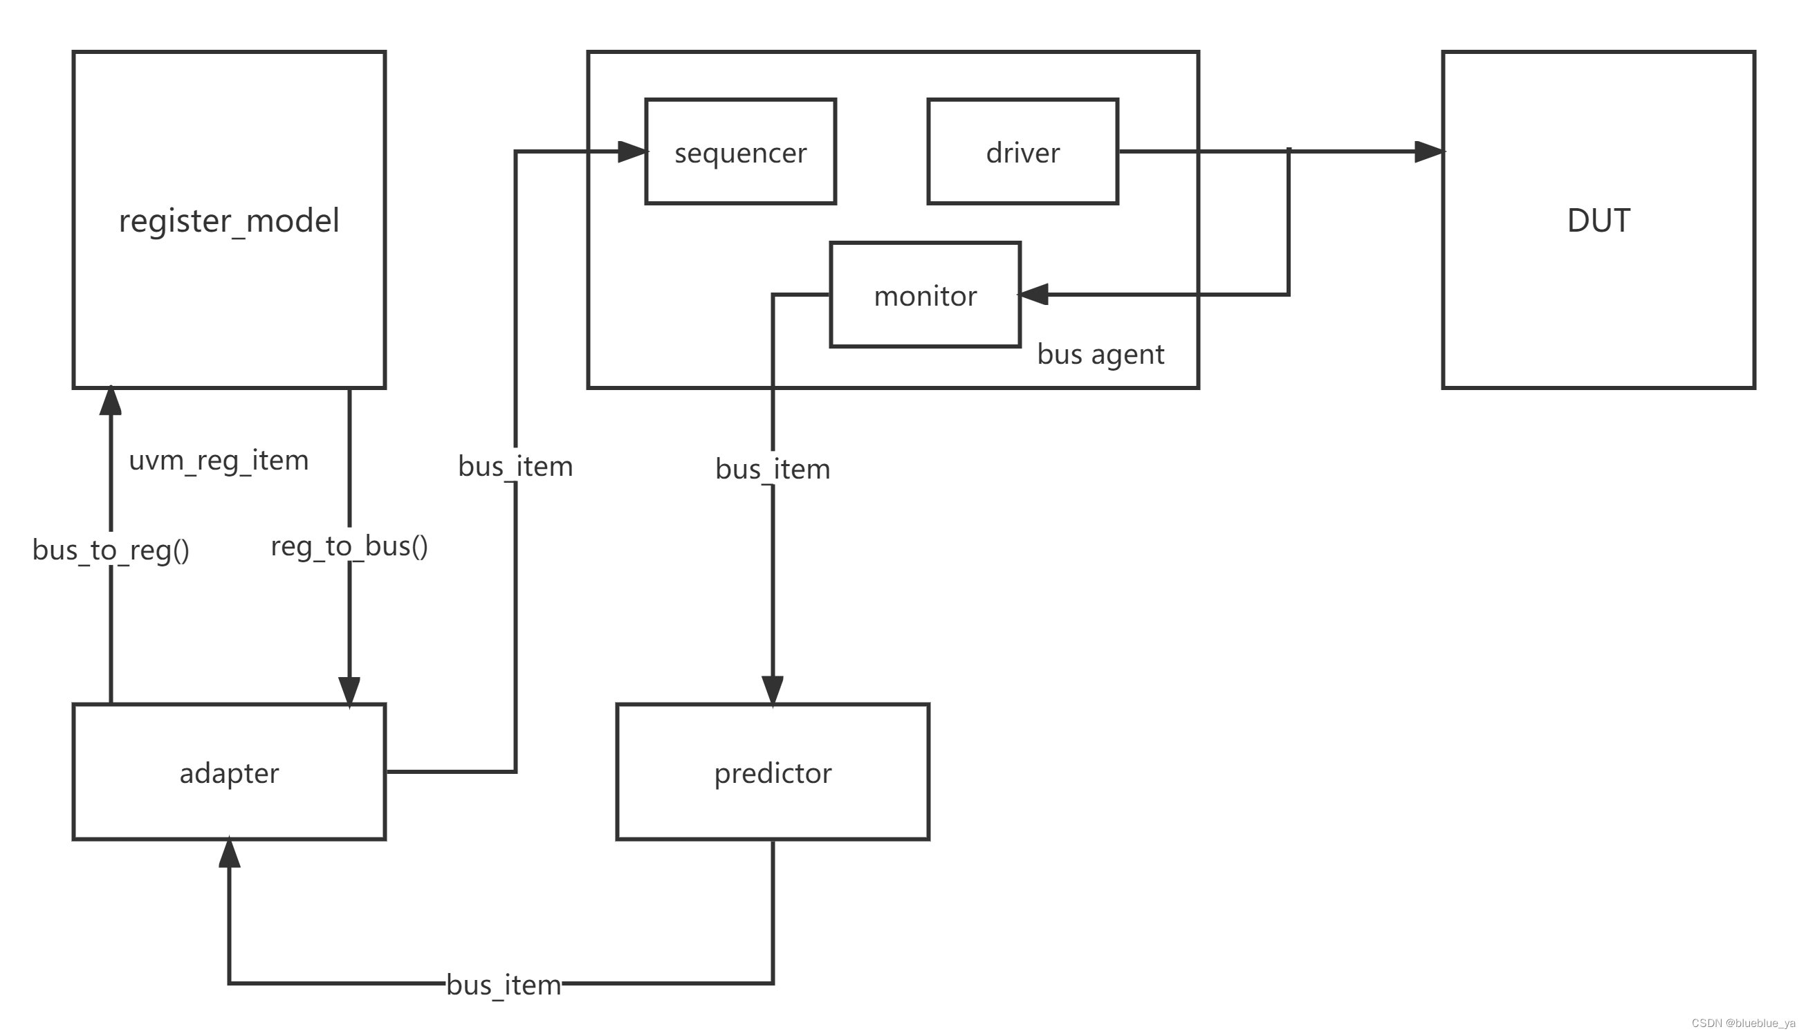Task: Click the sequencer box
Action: (x=740, y=151)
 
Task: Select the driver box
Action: (x=1022, y=151)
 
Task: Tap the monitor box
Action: (x=925, y=295)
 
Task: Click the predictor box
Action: (x=772, y=772)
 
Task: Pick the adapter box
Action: (x=229, y=772)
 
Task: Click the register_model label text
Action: (x=229, y=221)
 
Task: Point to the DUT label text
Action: (x=1598, y=221)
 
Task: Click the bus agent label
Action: (x=1100, y=353)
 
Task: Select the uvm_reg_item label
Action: (x=219, y=460)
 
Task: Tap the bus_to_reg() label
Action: (x=111, y=549)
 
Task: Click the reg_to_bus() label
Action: (x=349, y=546)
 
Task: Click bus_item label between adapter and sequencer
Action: (x=515, y=466)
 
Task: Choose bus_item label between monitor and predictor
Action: (x=772, y=469)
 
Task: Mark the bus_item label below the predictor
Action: (x=504, y=985)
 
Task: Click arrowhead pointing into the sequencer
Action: (x=632, y=151)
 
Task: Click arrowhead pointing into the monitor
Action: (x=1034, y=294)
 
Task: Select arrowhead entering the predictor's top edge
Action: (x=772, y=690)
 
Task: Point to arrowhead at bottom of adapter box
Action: (x=229, y=854)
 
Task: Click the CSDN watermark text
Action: (x=1742, y=1023)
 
